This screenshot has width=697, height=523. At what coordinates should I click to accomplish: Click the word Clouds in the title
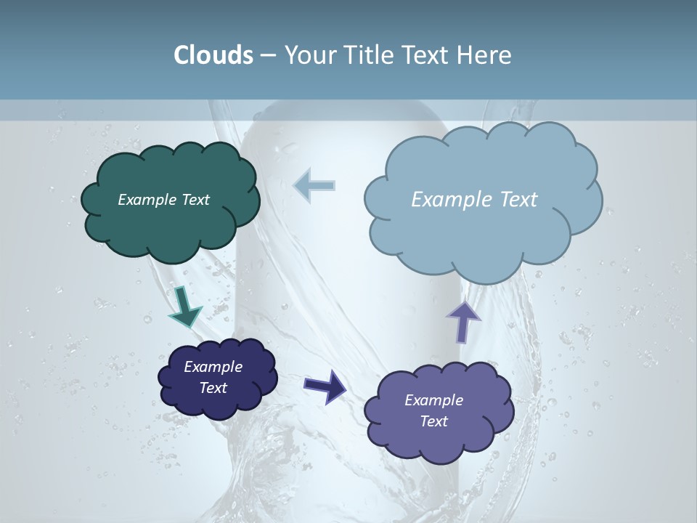coord(213,55)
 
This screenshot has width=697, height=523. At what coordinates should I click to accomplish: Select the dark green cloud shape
coord(170,225)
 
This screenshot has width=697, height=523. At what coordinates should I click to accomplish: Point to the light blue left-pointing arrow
coord(314,185)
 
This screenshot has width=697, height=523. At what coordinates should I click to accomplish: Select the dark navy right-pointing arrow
coord(325,386)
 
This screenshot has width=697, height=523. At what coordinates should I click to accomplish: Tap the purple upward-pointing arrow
coord(463,321)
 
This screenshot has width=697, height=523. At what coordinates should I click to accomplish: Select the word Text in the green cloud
coord(195,200)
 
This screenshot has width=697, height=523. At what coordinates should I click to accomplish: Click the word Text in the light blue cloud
coord(518,200)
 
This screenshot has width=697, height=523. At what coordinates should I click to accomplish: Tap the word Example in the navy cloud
coord(213,367)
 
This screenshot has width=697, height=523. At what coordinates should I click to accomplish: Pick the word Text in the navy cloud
coord(213,388)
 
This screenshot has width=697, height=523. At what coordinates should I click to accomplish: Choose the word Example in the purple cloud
coord(433,400)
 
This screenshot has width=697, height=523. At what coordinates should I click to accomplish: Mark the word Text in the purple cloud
coord(433,421)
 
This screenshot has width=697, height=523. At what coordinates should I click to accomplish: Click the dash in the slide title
coord(267,55)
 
